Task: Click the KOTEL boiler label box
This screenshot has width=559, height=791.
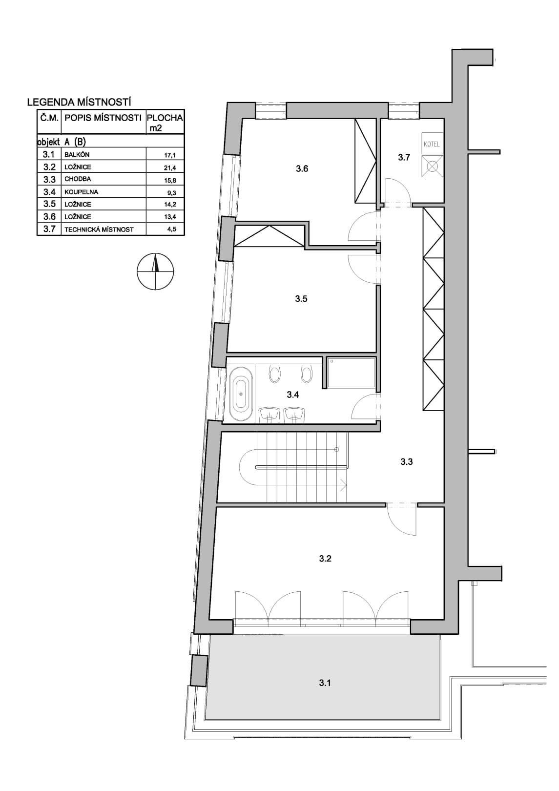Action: tap(432, 144)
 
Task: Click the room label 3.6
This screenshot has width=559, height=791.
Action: tap(302, 169)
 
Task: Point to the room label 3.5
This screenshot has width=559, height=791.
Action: tap(301, 299)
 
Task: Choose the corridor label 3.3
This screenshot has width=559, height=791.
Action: tap(407, 461)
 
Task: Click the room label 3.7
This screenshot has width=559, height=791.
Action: tap(404, 158)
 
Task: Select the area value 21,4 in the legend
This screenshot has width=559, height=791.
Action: tap(170, 167)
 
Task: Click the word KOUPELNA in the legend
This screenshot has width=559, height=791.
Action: tap(81, 192)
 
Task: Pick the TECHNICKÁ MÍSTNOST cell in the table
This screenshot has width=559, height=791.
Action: tap(99, 229)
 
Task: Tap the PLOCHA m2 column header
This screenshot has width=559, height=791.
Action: tap(165, 123)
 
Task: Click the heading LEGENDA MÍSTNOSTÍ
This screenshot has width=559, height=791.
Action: tap(79, 103)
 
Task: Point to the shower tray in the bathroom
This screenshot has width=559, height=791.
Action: tap(352, 373)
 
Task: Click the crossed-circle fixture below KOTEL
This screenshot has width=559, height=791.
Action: tap(432, 166)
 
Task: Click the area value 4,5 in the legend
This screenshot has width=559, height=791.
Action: tap(172, 229)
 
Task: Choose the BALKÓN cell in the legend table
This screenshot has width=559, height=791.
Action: tap(77, 155)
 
